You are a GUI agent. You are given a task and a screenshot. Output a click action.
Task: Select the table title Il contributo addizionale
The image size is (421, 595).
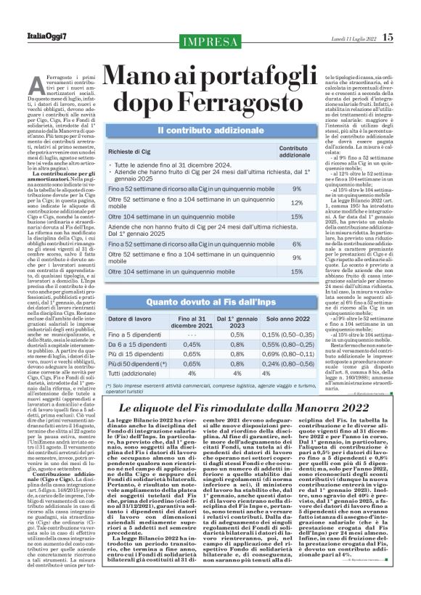[x=209, y=130]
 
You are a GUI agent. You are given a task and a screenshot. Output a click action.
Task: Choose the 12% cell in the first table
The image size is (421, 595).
[x=297, y=204]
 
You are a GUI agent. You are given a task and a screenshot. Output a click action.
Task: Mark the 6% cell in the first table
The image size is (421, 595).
[x=297, y=244]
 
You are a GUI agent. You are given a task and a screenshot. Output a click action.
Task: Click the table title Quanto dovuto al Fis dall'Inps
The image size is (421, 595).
[x=209, y=300]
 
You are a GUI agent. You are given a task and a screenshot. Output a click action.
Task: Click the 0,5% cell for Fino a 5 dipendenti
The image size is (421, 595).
[x=237, y=335]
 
